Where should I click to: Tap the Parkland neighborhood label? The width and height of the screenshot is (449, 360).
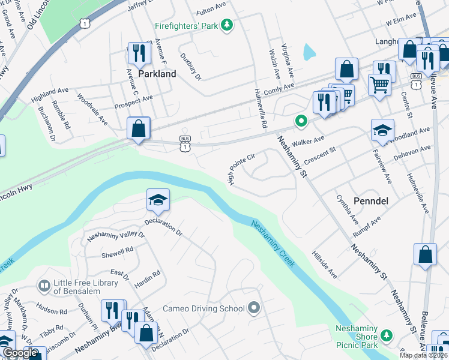point(157,74)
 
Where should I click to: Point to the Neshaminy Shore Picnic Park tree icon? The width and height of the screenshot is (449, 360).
point(388,335)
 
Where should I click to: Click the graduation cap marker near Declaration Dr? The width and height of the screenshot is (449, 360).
point(158,200)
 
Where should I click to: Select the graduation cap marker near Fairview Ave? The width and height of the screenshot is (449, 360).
point(382,130)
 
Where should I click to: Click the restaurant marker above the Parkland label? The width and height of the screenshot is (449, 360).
point(139,53)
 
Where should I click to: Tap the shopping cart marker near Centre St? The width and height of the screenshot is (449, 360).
point(379,85)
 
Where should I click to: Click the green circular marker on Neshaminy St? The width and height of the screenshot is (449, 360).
point(301,122)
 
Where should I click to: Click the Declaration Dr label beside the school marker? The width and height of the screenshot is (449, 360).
point(162,229)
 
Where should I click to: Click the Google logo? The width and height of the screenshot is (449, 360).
point(20,353)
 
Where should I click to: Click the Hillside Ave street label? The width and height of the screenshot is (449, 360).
point(325,265)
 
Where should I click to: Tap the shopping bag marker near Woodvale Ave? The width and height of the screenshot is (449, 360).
point(138,128)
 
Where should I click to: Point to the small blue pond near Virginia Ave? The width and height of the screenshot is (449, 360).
point(309,52)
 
